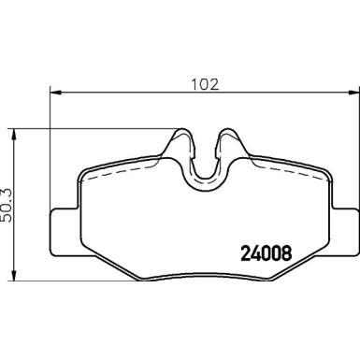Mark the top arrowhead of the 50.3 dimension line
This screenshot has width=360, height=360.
(x=14, y=134)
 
